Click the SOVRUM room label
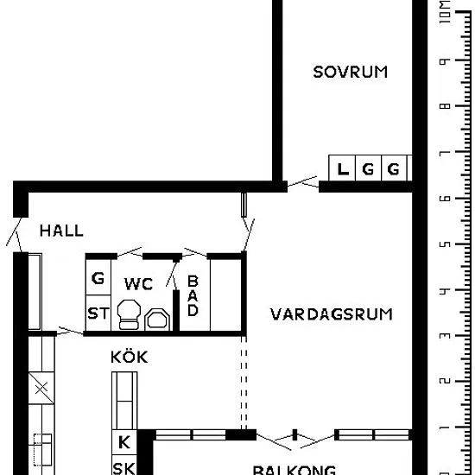tap(350, 72)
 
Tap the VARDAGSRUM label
tap(332, 314)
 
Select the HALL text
tap(61, 231)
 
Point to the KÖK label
tap(130, 357)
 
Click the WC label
tap(138, 284)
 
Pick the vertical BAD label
tap(193, 295)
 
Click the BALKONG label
tap(294, 470)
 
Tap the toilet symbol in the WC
tap(129, 314)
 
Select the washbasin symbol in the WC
tap(157, 320)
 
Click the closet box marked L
tap(342, 168)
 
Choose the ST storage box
tap(98, 313)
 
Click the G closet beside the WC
tap(98, 277)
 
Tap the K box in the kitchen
tap(124, 442)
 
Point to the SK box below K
tap(124, 465)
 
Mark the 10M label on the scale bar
tap(446, 12)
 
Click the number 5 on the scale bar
tap(445, 244)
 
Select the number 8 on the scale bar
tap(445, 106)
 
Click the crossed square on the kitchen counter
tap(41, 388)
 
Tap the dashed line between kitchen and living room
tap(244, 383)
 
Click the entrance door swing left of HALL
tap(14, 233)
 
